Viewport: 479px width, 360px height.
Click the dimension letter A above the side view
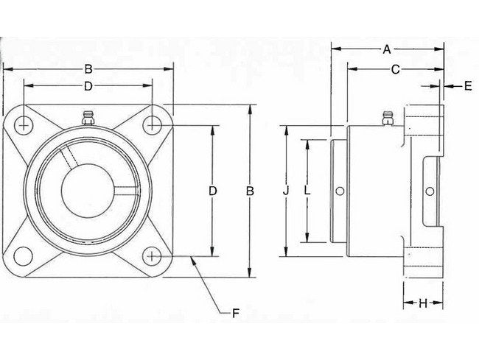(387, 49)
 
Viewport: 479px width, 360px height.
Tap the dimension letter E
(467, 87)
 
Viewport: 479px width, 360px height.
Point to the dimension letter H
(423, 303)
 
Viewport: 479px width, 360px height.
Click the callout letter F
(236, 314)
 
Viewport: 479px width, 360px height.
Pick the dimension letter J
(286, 191)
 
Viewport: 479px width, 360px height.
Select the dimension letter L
(307, 191)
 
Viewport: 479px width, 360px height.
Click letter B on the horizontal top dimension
(87, 69)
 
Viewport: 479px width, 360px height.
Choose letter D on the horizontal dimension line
(87, 87)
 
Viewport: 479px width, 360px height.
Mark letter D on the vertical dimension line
(212, 191)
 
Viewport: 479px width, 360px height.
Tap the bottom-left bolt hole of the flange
(23, 255)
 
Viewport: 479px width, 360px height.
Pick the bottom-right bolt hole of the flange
(152, 255)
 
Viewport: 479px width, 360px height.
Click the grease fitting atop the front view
(87, 118)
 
